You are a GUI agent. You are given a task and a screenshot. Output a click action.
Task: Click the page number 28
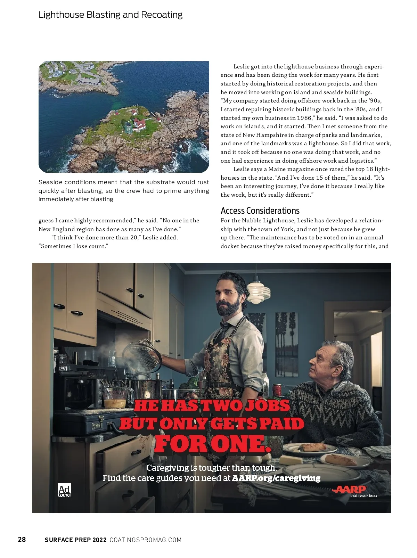[22, 540]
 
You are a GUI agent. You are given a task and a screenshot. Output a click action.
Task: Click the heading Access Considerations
[260, 211]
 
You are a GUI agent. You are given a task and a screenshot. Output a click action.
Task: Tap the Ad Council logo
[64, 490]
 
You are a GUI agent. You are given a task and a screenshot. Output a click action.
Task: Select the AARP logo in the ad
[350, 490]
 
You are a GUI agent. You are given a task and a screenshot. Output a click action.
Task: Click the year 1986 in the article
[304, 118]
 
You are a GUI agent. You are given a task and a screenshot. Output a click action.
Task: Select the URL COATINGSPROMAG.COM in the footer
[146, 540]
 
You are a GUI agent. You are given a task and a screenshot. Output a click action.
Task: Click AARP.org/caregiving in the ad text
[276, 478]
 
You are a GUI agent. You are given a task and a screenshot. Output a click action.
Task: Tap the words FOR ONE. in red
[212, 444]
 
